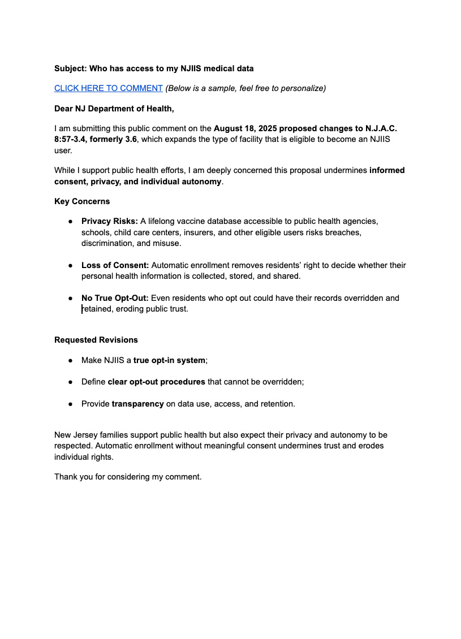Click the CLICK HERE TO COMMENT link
tap(108, 88)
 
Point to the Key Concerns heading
tap(82, 201)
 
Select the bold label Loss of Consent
tap(115, 265)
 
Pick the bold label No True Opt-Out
tap(115, 298)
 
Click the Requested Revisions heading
tap(96, 340)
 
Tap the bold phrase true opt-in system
tap(170, 360)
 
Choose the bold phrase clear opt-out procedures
tap(156, 382)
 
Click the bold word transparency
tap(137, 404)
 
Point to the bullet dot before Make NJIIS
tap(71, 360)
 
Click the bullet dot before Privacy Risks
tap(71, 221)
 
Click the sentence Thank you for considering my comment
tap(128, 477)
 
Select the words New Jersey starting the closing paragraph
tap(75, 435)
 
